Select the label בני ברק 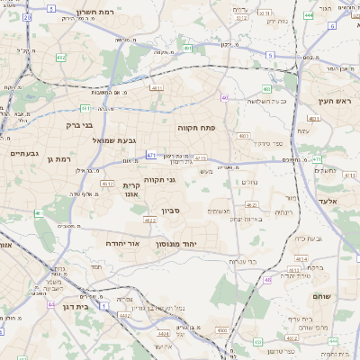(80, 125)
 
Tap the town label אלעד (327, 201)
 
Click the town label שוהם (323, 295)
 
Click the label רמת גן (56, 158)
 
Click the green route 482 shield (61, 58)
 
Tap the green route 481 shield (314, 118)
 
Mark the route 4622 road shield (149, 219)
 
